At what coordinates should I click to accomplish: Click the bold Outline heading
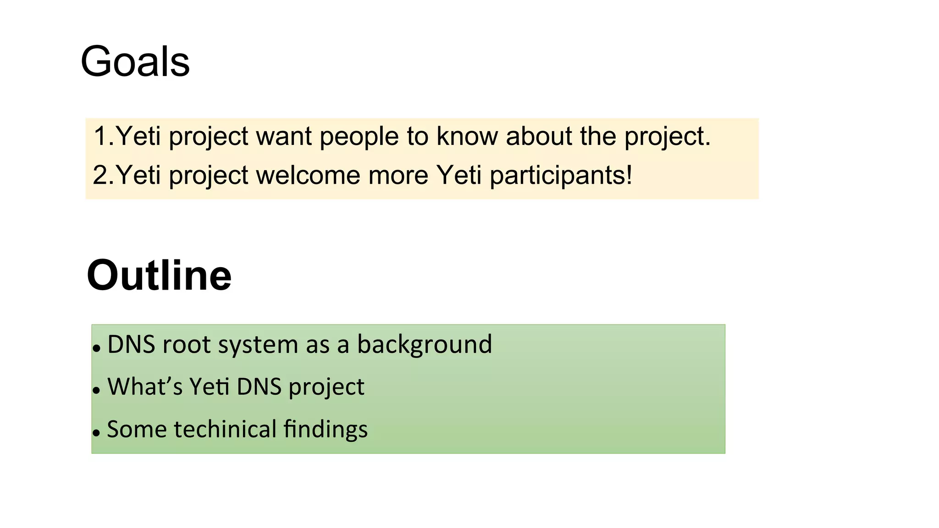click(159, 275)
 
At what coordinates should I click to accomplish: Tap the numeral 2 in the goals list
click(100, 175)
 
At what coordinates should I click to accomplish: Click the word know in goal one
click(467, 136)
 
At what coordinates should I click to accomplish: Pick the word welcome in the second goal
click(308, 175)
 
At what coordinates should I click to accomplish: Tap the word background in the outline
click(424, 345)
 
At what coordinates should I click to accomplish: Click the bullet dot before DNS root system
click(96, 349)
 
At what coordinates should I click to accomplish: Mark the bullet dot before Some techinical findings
click(96, 433)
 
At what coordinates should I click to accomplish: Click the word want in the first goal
click(283, 137)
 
